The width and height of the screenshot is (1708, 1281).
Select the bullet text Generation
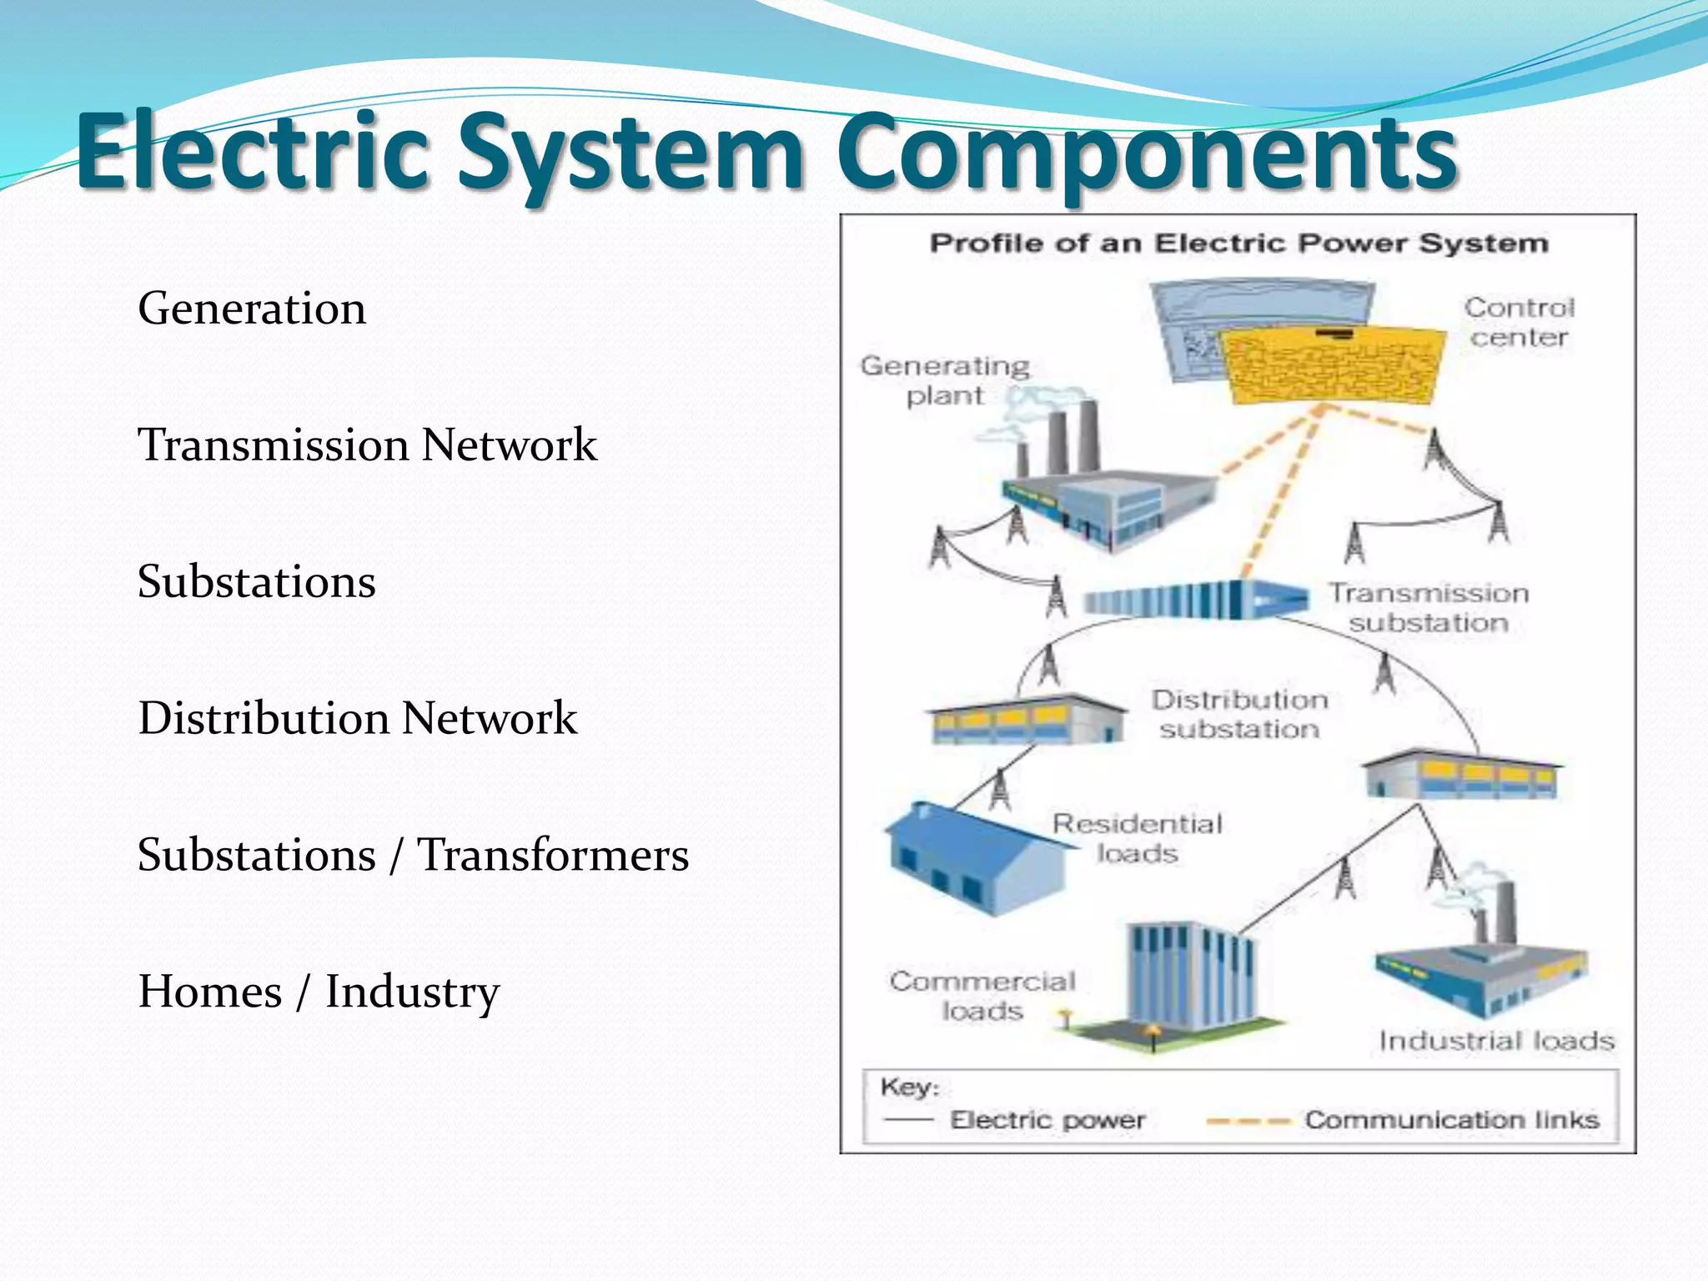click(252, 309)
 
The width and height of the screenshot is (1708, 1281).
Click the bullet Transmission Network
click(367, 445)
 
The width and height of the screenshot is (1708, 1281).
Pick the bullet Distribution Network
click(357, 718)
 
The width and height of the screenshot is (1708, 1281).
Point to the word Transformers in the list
click(553, 855)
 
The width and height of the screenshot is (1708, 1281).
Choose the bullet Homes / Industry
click(319, 992)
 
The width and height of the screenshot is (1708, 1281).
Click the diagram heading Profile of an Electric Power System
click(1238, 244)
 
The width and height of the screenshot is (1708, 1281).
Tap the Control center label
click(1519, 322)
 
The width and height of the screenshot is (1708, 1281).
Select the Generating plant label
click(945, 380)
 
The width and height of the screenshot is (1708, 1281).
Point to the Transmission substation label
click(1429, 608)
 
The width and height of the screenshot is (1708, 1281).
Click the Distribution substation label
click(1239, 715)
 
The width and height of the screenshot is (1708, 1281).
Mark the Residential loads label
click(1138, 839)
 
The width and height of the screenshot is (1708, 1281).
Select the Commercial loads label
click(982, 996)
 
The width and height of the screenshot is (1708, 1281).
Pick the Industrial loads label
click(1496, 1041)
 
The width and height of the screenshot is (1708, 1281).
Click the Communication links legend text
click(1451, 1119)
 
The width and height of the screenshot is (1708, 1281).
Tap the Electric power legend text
click(1047, 1119)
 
